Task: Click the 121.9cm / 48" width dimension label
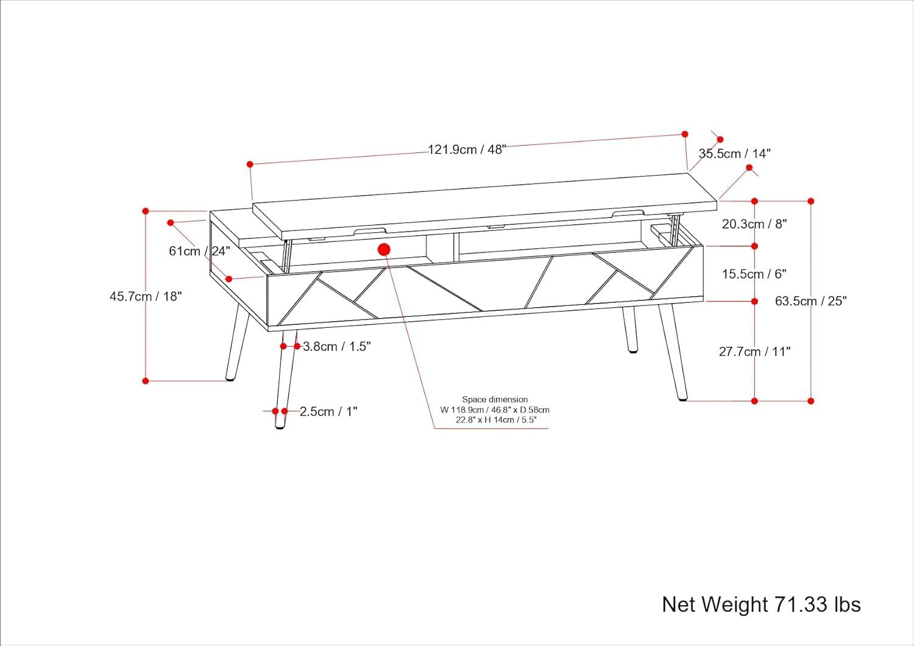coord(467,149)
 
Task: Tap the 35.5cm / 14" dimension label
coord(734,154)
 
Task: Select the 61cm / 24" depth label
coord(199,251)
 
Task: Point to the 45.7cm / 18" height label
coord(146,297)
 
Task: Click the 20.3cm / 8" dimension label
coord(754,224)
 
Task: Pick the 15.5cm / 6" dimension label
coord(754,274)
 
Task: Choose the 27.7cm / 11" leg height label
coord(754,352)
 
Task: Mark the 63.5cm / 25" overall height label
coord(811,301)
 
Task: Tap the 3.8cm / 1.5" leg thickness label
coord(337,347)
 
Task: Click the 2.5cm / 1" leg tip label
coord(328,412)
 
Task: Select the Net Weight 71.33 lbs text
coord(761,605)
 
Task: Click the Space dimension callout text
coord(495,410)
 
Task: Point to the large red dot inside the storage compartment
coord(384,249)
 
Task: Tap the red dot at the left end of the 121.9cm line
coord(250,164)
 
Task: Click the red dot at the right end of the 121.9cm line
coord(685,134)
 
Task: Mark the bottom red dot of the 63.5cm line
coord(811,401)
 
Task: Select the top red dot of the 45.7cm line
coord(146,211)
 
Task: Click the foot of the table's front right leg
coord(682,398)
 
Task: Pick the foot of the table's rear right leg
coord(632,351)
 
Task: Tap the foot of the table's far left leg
coord(230,378)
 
